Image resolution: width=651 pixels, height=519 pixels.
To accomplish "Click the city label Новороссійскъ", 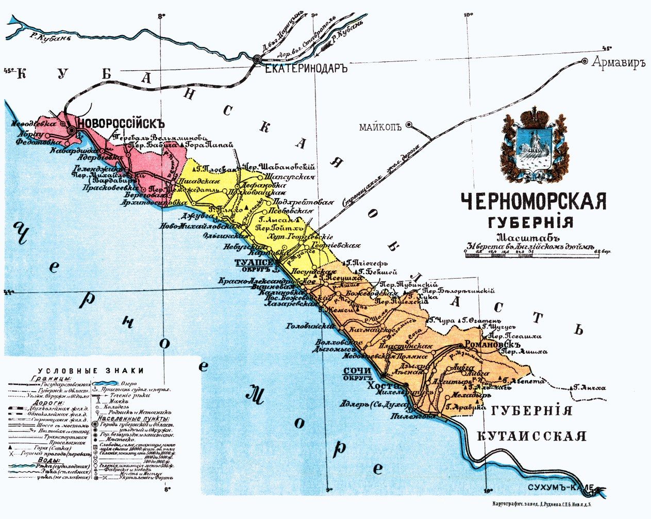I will tap(121, 124).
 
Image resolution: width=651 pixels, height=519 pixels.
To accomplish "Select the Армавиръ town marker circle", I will tap(585, 61).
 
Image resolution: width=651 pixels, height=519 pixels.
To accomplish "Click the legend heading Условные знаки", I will tap(91, 370).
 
